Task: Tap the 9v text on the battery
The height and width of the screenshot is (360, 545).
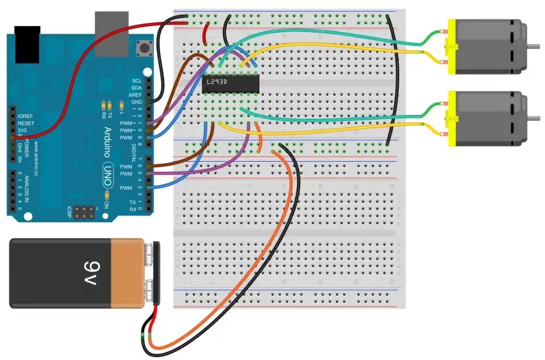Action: coord(88,273)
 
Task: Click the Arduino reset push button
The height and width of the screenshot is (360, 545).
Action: coord(143,48)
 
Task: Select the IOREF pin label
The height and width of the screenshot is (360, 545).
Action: coord(26,116)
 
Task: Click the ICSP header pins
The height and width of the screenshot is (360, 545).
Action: coord(82,213)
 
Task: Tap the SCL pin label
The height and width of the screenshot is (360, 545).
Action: coord(137,80)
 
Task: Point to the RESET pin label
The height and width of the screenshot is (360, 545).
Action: coord(26,123)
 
